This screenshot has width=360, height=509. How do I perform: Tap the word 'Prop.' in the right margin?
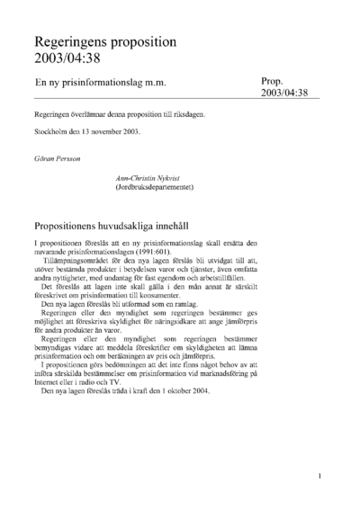pyautogui.click(x=273, y=80)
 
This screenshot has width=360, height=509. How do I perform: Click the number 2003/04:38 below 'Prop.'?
pyautogui.click(x=284, y=93)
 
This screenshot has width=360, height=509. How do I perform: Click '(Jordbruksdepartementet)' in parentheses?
pyautogui.click(x=154, y=188)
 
